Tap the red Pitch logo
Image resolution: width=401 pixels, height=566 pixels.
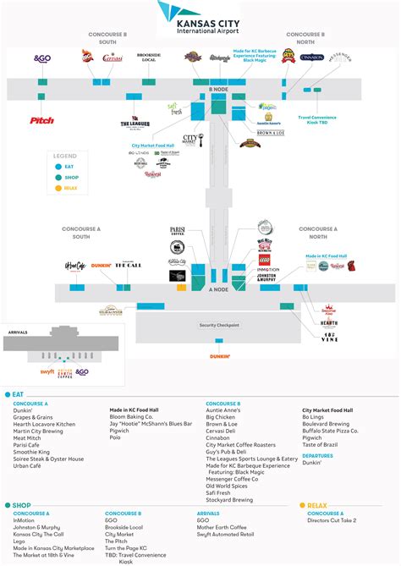click(x=41, y=120)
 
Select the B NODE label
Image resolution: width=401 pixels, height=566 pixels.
click(x=218, y=88)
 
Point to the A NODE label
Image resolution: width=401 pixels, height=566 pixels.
click(x=219, y=288)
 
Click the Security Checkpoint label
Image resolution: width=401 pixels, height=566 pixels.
click(x=219, y=325)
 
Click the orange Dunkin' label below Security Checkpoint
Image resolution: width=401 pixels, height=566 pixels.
click(x=219, y=356)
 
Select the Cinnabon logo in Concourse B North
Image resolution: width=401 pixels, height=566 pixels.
click(x=311, y=58)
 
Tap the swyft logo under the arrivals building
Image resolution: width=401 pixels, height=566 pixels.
click(x=47, y=372)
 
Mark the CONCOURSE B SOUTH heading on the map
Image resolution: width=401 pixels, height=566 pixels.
click(x=108, y=37)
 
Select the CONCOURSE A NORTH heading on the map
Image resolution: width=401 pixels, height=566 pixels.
click(x=317, y=232)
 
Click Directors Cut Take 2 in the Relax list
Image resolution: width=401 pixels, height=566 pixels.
click(x=332, y=520)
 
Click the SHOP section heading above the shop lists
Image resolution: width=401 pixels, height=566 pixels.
click(x=21, y=505)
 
